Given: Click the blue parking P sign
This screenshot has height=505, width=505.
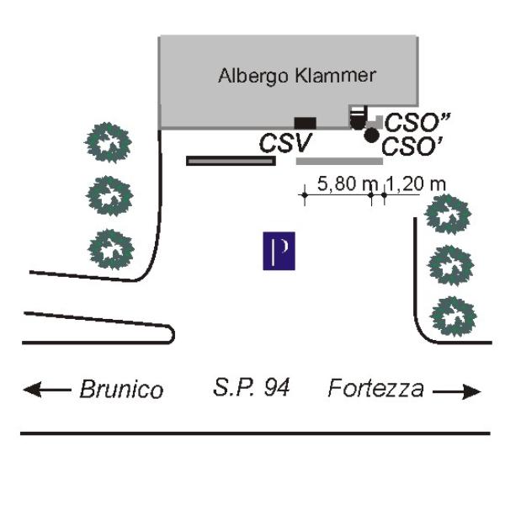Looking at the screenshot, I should click(279, 252).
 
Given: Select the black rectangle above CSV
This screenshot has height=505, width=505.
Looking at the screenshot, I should click(305, 123).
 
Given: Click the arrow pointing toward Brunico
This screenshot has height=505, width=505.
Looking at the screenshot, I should click(46, 390).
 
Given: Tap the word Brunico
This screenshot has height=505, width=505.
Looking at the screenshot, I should click(120, 390).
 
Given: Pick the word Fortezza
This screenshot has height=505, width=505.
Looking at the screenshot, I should click(375, 389).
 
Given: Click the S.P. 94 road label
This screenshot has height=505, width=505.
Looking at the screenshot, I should click(251, 389).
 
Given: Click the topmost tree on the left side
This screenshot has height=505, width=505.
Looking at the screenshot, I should click(109, 141).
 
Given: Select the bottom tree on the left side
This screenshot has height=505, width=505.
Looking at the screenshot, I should click(110, 249).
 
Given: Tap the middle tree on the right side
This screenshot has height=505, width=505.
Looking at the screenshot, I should click(452, 267).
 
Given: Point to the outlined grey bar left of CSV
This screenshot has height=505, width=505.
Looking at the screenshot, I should click(231, 160).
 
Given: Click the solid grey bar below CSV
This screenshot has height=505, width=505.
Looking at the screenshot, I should click(339, 161).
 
